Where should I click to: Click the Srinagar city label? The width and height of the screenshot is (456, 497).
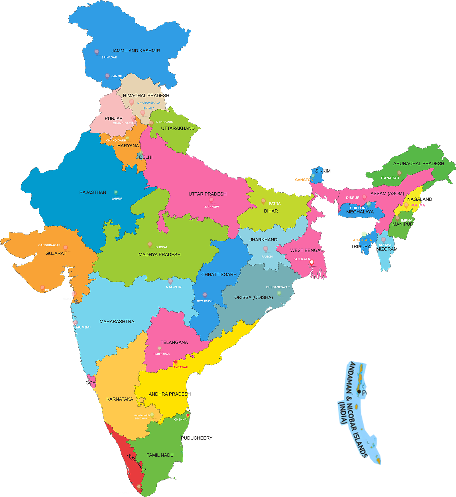109,58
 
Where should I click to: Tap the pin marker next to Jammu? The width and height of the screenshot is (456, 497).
107,76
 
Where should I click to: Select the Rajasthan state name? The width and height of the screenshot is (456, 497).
93,192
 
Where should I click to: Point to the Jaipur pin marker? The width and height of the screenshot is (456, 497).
116,192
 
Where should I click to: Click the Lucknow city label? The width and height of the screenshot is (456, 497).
211,207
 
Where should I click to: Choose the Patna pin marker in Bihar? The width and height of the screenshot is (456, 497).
263,201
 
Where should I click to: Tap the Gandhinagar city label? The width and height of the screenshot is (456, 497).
49,245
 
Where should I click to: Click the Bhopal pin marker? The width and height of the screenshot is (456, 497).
150,244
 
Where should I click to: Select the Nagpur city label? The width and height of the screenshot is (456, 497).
173,287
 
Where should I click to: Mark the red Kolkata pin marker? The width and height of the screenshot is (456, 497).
312,262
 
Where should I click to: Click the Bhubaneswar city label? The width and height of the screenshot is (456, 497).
278,287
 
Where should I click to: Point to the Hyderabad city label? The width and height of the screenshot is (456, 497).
162,354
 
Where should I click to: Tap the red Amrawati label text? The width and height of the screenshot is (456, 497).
181,367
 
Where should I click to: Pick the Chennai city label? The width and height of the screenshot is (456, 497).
181,419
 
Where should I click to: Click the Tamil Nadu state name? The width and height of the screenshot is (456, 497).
160,455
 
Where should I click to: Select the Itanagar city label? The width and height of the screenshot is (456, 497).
390,178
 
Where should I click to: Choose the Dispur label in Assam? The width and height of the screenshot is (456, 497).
353,198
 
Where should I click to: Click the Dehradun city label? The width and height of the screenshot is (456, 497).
164,122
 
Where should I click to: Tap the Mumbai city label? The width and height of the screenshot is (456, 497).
83,327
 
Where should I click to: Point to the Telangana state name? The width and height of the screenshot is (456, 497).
174,342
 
